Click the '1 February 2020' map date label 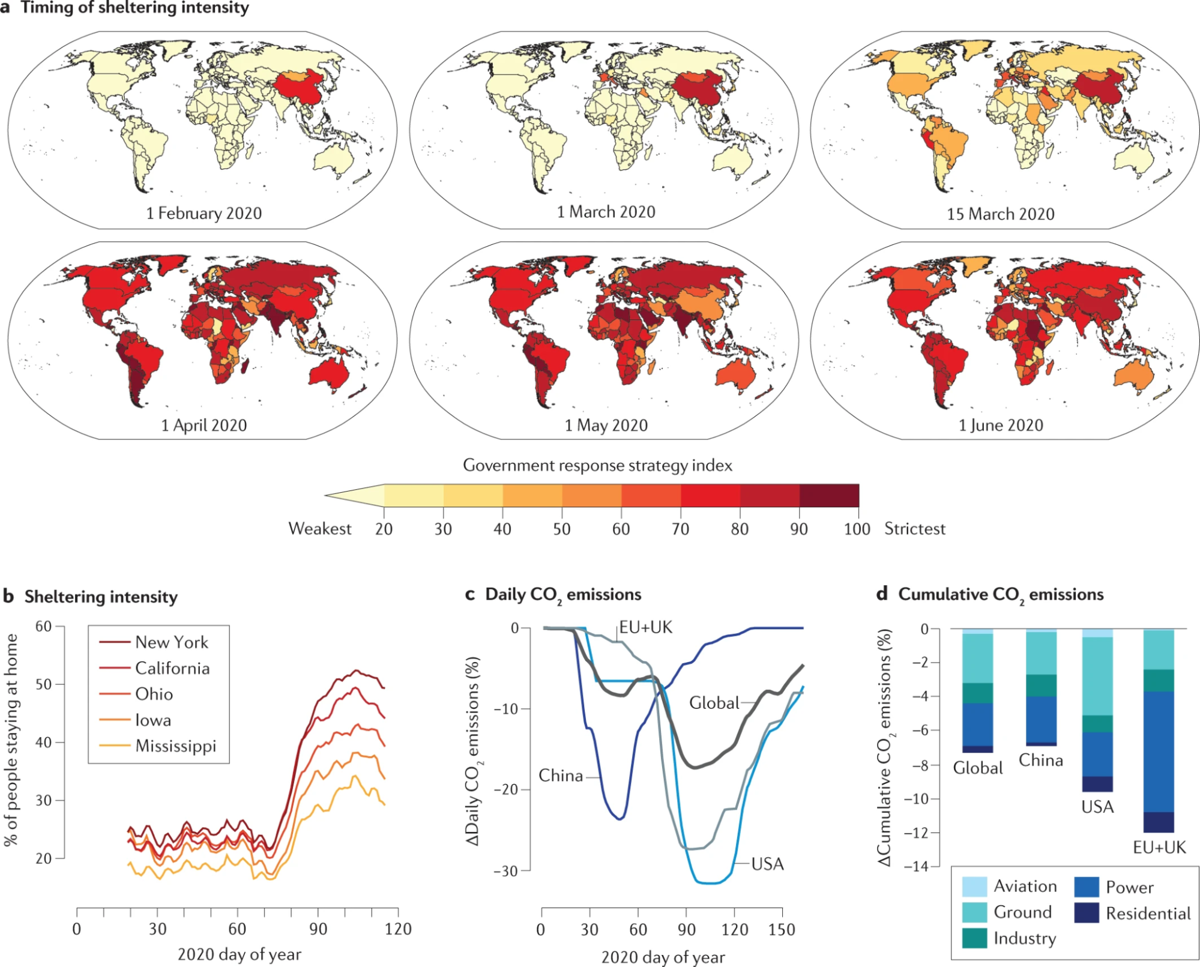(204, 213)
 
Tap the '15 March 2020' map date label (1001, 214)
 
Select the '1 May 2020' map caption (606, 425)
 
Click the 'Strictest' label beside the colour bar (914, 529)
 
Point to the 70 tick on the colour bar (680, 529)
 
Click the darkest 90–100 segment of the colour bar (829, 496)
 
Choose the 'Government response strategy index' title (597, 465)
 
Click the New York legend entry (171, 642)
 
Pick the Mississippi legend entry (175, 746)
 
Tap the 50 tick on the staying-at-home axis (44, 684)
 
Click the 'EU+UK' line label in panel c (646, 627)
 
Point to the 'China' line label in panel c (561, 776)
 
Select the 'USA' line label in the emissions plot (767, 864)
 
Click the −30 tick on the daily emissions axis (506, 871)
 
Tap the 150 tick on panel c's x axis (782, 929)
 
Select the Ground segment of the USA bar (1097, 676)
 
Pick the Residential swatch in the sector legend (1087, 913)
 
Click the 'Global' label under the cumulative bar (978, 768)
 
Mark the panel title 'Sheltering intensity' (101, 597)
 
